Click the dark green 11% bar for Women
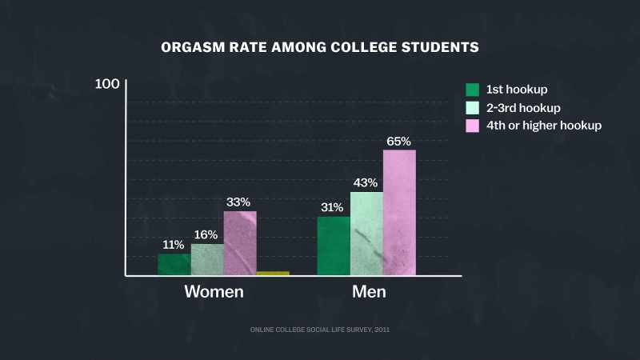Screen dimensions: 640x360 [x=174, y=265]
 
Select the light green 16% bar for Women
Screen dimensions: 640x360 [x=207, y=259]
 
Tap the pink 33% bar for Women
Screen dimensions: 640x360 [x=241, y=243]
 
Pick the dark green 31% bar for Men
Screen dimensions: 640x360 [x=334, y=246]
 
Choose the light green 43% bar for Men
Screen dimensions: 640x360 [x=367, y=234]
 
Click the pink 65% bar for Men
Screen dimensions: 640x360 [x=399, y=213]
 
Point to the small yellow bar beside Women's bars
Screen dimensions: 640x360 [x=273, y=274]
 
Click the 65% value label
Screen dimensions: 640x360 [x=398, y=142]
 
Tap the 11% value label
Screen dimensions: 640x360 [x=174, y=245]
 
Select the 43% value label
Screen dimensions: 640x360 [x=366, y=183]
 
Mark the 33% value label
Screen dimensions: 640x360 [x=238, y=202]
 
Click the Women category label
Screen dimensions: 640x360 [x=214, y=292]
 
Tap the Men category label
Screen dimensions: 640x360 [x=369, y=292]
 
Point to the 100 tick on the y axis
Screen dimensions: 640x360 [x=107, y=84]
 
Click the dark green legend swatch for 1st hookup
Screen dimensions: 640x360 [x=472, y=90]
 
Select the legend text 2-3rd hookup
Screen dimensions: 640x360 [x=523, y=108]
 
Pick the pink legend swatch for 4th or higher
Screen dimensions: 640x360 [x=472, y=126]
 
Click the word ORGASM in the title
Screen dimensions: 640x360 [x=193, y=47]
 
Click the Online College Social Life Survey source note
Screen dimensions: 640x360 [x=320, y=330]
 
